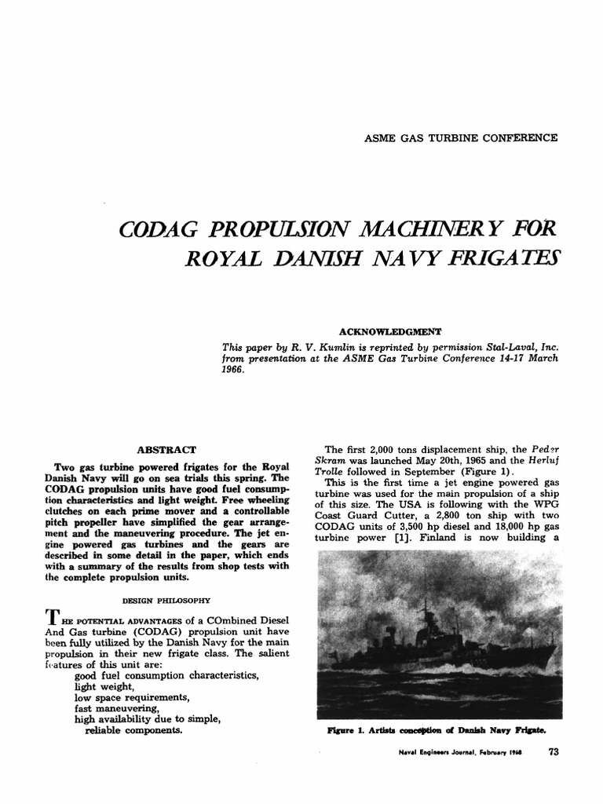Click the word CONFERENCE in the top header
521,137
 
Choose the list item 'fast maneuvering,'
117,708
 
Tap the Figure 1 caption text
437,729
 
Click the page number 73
554,751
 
